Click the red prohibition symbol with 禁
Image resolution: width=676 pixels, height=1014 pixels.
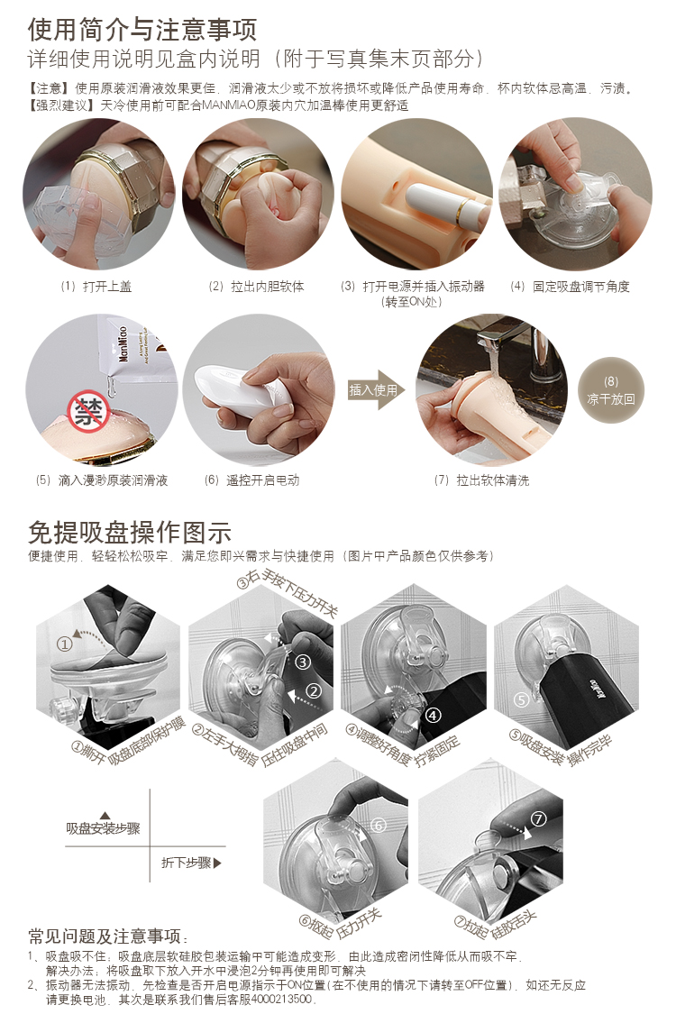88,412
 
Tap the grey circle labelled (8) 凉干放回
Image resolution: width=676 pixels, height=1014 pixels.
610,390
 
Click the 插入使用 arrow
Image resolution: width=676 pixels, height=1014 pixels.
377,390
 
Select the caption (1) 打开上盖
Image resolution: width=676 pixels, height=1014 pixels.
96,287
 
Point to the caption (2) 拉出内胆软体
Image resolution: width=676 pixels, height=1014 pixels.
256,287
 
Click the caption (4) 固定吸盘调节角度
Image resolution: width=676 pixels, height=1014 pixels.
570,287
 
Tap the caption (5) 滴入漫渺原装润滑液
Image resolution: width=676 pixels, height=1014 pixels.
102,480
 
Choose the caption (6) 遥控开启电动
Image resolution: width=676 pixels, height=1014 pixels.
251,480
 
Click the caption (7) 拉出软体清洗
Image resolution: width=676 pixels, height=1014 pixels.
481,480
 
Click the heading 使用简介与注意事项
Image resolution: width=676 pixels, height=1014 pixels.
142,29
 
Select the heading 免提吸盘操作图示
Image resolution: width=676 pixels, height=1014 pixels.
130,533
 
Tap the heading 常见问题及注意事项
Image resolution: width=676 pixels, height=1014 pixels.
107,936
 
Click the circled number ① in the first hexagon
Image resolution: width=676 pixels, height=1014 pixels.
64,644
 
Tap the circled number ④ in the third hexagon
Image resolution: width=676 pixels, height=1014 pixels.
433,716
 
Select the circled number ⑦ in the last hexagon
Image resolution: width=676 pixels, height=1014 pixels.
538,819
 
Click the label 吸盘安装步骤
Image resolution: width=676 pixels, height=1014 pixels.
103,828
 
